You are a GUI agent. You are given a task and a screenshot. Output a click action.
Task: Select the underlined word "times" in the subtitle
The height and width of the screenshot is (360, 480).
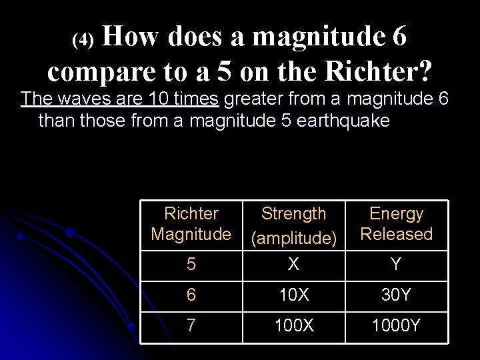pos(197,100)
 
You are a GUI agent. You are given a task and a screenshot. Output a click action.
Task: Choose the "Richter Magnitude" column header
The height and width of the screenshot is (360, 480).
pos(191,224)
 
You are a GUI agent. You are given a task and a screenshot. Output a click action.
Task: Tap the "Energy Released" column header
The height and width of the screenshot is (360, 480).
pos(396,224)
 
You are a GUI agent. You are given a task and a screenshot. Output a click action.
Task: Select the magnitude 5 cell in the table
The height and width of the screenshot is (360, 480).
pos(191,265)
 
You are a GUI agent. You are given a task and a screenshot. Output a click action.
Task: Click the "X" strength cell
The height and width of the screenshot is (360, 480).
pos(293,265)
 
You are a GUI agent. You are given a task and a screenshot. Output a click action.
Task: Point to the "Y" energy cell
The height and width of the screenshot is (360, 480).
pos(396,265)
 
